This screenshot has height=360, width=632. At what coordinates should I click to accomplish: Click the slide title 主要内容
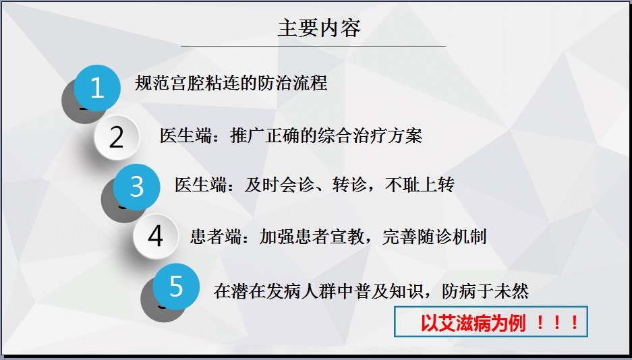click(319, 28)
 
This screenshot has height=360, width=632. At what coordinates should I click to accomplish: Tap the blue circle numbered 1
click(97, 88)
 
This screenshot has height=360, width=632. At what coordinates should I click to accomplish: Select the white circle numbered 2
click(117, 138)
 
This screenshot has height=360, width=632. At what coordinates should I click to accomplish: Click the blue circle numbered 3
click(137, 187)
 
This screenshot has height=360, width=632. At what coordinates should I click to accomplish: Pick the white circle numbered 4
click(156, 236)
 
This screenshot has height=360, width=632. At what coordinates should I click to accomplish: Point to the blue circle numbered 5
click(176, 287)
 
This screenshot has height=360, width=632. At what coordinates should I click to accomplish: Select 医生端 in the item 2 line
click(185, 136)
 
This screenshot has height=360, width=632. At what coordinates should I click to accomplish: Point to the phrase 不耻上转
click(420, 185)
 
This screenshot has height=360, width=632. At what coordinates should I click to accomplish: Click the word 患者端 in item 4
click(216, 237)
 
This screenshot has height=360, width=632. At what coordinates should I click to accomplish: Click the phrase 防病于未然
click(485, 291)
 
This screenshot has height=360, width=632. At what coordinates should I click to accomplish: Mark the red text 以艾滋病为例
click(473, 323)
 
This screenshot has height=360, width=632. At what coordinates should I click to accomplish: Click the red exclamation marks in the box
click(558, 323)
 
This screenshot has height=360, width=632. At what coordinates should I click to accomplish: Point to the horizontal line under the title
click(314, 47)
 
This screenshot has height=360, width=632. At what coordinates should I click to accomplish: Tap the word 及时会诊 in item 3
click(279, 185)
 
